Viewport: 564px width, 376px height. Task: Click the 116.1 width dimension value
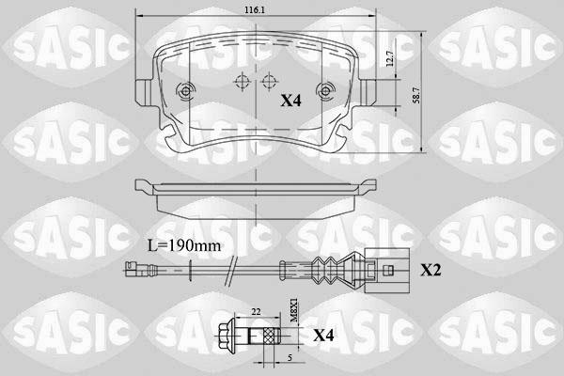(x=255, y=10)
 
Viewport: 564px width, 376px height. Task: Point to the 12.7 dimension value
(x=390, y=58)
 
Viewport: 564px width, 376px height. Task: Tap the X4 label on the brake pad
(x=290, y=101)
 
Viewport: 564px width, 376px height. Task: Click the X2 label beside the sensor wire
(x=431, y=270)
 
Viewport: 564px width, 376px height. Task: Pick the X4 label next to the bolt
(x=323, y=336)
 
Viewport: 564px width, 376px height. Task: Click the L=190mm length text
(x=184, y=245)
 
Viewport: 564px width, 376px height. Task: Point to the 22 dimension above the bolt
(x=256, y=311)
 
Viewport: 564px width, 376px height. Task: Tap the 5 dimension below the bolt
(x=290, y=357)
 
